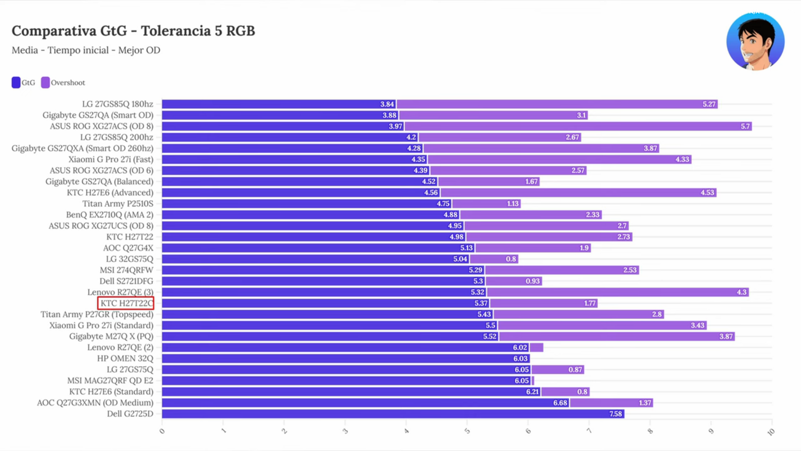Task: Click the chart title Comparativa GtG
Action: (x=133, y=31)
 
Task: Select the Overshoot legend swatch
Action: (x=45, y=83)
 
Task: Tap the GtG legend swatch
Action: (x=16, y=83)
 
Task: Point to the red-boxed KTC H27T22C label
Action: (x=126, y=303)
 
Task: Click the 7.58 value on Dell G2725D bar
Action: (x=615, y=414)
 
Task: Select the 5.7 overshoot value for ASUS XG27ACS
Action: (x=745, y=126)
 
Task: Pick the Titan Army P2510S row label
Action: (x=118, y=204)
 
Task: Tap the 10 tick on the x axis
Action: (x=771, y=432)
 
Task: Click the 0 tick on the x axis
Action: (x=162, y=431)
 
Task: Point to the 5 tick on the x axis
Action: (x=467, y=431)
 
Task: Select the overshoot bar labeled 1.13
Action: (x=486, y=204)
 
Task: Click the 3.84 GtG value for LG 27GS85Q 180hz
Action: (x=387, y=104)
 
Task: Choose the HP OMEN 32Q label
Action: (x=125, y=359)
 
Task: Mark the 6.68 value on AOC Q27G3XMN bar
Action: (x=560, y=403)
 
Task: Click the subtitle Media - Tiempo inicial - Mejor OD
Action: (x=86, y=50)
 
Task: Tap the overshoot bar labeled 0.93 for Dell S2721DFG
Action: (x=514, y=281)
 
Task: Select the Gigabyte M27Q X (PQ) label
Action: (x=111, y=337)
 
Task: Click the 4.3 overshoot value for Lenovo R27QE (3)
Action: (x=741, y=292)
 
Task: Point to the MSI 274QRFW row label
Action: (x=126, y=270)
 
